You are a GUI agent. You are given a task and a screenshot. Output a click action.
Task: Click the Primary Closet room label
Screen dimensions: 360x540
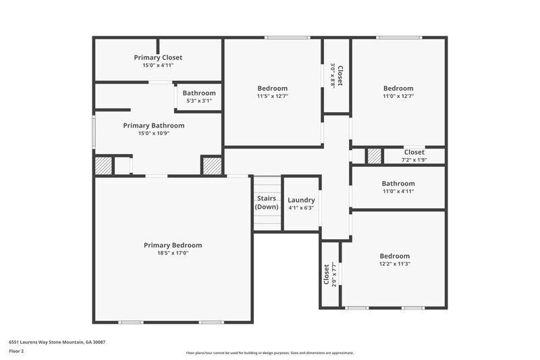pos(158,58)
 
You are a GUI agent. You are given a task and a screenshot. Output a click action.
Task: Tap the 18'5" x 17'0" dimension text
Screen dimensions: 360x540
pos(173,253)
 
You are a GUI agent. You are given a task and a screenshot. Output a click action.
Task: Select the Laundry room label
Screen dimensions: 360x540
pos(301,201)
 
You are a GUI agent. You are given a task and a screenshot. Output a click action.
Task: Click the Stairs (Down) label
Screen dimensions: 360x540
pos(267,203)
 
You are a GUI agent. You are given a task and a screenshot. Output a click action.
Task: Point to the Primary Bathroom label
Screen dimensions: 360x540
pos(153,126)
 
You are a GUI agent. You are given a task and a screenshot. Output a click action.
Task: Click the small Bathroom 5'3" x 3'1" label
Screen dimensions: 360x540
pos(199,93)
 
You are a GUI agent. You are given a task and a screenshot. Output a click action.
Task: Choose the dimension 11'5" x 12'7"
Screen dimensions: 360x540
pos(273,96)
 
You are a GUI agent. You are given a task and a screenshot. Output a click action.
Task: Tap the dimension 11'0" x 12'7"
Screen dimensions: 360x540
pos(398,96)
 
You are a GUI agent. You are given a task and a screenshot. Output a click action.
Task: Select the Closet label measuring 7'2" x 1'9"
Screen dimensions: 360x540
pos(414,153)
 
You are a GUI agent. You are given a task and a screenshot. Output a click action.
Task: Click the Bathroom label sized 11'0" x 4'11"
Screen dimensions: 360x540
pos(398,184)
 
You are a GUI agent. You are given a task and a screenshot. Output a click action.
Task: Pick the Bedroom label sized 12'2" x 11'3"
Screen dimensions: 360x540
pos(395,256)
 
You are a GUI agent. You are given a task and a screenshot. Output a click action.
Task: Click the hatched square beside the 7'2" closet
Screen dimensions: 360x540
pos(374,156)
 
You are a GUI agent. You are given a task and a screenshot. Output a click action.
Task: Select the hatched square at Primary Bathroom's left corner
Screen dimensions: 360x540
pos(103,165)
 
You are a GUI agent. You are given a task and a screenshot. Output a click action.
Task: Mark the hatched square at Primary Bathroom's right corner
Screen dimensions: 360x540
pos(211,165)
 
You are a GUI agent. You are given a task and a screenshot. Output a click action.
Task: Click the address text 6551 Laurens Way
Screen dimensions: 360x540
pos(57,342)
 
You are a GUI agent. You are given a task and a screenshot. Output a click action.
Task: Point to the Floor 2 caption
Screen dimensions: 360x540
pos(16,352)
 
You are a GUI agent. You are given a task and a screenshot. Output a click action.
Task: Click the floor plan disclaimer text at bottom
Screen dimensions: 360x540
pos(269,353)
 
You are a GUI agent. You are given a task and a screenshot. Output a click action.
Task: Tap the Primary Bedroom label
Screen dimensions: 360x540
pos(173,245)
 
